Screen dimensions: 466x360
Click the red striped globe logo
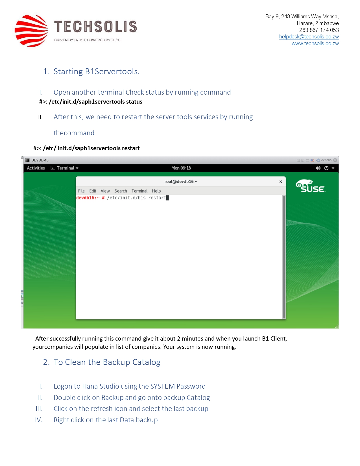click(x=31, y=31)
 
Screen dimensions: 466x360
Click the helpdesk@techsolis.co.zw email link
click(x=309, y=37)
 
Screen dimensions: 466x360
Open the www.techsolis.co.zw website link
click(x=315, y=43)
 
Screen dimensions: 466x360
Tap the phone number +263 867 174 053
click(x=317, y=30)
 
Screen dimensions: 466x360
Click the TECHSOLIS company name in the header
click(x=95, y=27)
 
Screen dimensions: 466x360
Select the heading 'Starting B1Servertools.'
click(x=96, y=72)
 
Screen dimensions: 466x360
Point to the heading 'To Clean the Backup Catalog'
click(x=107, y=362)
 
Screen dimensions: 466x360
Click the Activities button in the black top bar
click(x=36, y=168)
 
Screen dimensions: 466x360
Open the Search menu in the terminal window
click(x=121, y=191)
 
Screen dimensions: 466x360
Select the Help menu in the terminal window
click(x=156, y=191)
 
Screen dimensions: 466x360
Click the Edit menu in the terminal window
click(x=93, y=191)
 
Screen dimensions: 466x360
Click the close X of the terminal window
click(x=281, y=182)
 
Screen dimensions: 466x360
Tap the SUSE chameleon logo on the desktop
click(x=310, y=186)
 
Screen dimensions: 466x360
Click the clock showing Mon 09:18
click(x=181, y=168)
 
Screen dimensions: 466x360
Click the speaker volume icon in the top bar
click(x=318, y=168)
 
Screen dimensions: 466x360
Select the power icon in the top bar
click(x=326, y=168)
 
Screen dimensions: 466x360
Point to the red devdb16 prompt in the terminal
click(x=88, y=198)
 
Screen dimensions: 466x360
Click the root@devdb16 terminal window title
click(x=181, y=182)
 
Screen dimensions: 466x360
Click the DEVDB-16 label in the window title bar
click(x=40, y=160)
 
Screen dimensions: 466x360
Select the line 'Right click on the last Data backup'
click(x=106, y=420)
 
